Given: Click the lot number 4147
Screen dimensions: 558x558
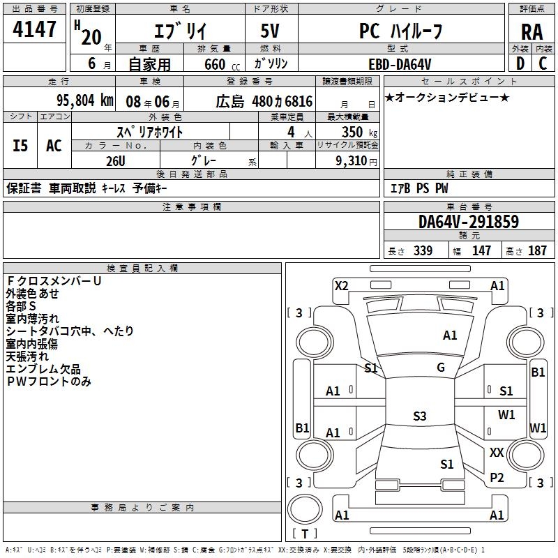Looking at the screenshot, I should tap(35, 30).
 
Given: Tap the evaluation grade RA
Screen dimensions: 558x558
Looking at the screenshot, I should tap(531, 31).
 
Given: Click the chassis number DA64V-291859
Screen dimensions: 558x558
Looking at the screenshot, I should tap(468, 222).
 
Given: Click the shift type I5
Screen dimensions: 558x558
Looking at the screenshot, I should tap(20, 145).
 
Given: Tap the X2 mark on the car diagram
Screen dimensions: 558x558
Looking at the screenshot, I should tap(341, 285).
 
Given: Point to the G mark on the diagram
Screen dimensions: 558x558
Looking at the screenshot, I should tap(441, 368).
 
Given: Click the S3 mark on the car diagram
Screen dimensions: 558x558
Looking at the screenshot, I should tap(419, 416).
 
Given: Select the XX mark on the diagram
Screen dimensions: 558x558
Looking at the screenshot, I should tap(497, 453).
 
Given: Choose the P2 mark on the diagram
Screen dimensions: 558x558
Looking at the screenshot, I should tap(497, 478).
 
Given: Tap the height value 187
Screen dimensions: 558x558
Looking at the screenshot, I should tap(537, 251).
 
